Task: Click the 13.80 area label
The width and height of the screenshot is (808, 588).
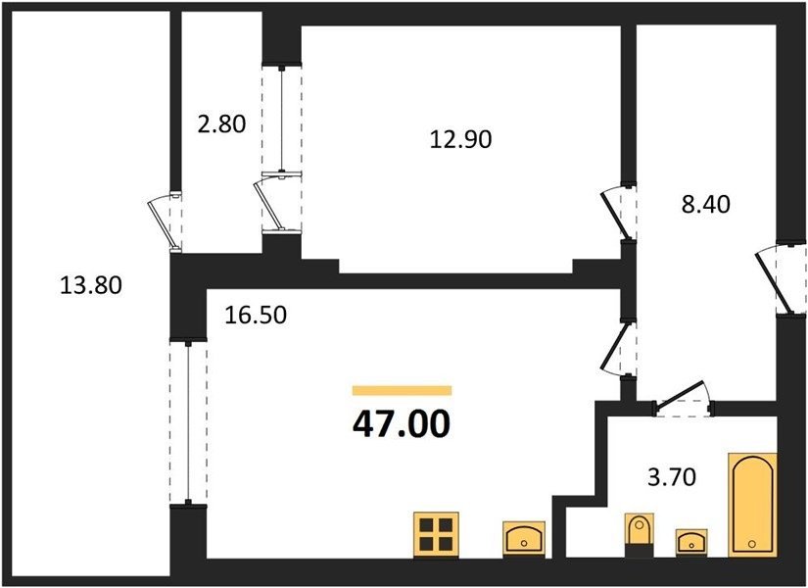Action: click(91, 285)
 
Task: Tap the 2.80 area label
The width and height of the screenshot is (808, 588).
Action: click(221, 124)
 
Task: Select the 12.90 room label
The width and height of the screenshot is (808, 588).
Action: click(460, 139)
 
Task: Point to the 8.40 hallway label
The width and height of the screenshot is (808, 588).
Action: click(706, 205)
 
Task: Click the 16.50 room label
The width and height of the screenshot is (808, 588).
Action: click(256, 316)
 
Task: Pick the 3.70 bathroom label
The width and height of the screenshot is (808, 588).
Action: click(672, 477)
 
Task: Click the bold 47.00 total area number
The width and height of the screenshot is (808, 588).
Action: click(402, 424)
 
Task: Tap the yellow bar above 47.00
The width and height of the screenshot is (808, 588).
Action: click(402, 390)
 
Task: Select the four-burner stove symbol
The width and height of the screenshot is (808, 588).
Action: click(436, 535)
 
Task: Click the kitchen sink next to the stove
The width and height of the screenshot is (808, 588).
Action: click(524, 539)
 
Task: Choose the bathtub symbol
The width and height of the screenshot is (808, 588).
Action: click(752, 505)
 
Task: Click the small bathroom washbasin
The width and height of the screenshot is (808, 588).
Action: click(691, 542)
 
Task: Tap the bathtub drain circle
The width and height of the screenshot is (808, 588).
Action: click(752, 544)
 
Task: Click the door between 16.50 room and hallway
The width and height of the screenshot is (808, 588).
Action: click(619, 347)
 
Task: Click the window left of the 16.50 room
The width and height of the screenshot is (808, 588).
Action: click(189, 421)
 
